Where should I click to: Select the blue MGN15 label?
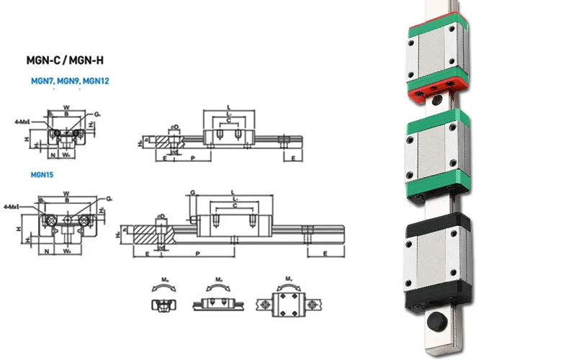42,174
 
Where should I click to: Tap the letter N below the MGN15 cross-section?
48,252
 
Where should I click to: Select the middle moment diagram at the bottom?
217,299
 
